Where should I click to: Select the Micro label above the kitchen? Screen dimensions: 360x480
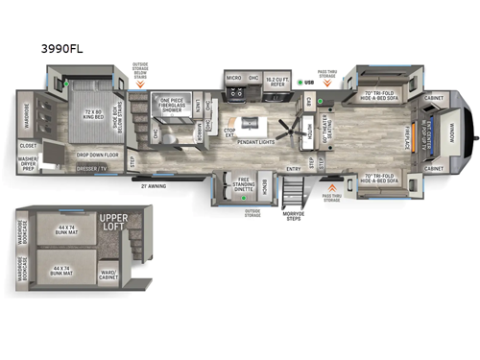coord(232,78)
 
